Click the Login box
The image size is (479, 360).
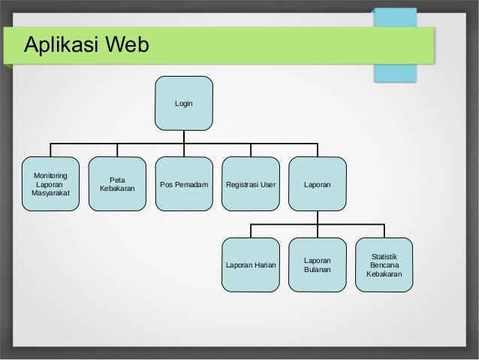(x=184, y=102)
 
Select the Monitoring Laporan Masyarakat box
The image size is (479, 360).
(x=50, y=184)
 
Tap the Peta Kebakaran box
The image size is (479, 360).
(x=117, y=184)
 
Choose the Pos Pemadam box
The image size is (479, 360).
(x=184, y=184)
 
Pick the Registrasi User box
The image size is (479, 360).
(x=251, y=184)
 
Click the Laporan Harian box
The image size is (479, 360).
(x=251, y=265)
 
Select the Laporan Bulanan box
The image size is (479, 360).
(x=318, y=265)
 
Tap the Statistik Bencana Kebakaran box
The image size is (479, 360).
(x=384, y=265)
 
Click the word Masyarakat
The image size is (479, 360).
(x=50, y=194)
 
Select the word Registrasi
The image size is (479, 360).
(x=243, y=184)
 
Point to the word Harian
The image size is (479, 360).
(x=263, y=265)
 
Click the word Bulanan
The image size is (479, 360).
(x=318, y=270)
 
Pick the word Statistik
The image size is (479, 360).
(x=384, y=256)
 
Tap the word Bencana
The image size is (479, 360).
(x=384, y=265)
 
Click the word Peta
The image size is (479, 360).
(x=117, y=180)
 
